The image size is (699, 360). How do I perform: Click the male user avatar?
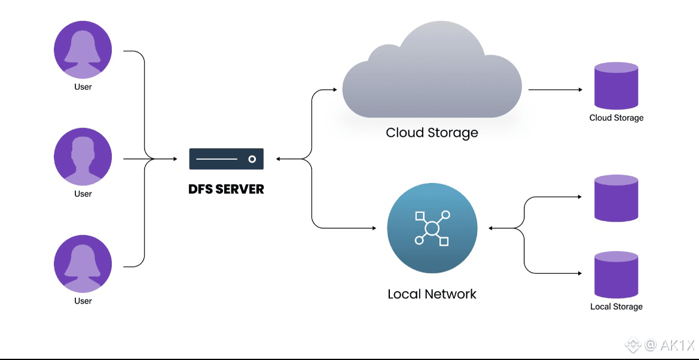[83, 157]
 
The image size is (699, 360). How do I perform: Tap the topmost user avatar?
[83, 50]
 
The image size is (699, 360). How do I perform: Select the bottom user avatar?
[83, 264]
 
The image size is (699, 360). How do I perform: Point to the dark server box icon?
[227, 159]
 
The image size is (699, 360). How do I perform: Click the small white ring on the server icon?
[252, 159]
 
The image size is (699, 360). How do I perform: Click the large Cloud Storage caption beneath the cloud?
[432, 132]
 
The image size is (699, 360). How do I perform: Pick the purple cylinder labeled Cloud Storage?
[616, 86]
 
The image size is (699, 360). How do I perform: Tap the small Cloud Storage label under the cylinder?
[616, 118]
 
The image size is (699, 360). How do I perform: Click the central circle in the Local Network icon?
[432, 228]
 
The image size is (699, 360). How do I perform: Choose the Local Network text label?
[432, 294]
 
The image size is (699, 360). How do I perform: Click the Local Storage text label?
[616, 306]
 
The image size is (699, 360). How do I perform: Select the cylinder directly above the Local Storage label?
[616, 274]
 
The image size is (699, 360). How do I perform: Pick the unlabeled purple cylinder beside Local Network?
[616, 198]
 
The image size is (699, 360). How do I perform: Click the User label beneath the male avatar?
[83, 194]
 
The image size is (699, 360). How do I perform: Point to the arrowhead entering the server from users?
[175, 159]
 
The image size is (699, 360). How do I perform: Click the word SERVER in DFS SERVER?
[239, 189]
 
